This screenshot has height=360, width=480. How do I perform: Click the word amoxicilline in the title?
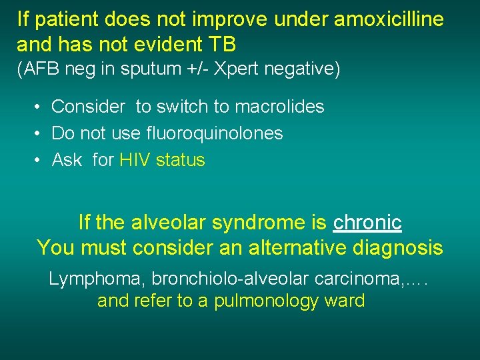[388, 19]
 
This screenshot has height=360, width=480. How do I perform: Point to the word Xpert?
[246, 69]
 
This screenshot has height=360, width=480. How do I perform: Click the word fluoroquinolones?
[214, 133]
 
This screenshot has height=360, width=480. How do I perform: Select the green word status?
[181, 160]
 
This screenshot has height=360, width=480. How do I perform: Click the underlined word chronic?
[367, 222]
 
